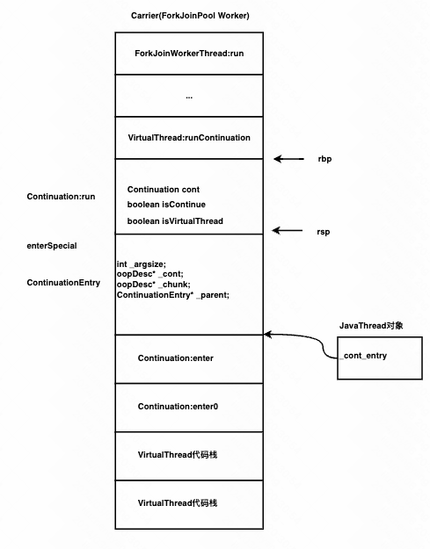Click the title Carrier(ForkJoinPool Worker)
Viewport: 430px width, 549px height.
click(x=190, y=16)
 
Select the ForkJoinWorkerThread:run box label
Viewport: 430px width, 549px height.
click(x=189, y=54)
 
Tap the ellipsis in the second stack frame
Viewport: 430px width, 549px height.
click(x=189, y=98)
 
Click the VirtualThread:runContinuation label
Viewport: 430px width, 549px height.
click(x=189, y=138)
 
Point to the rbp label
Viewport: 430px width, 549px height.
click(x=324, y=159)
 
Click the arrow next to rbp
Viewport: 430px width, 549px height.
click(x=288, y=159)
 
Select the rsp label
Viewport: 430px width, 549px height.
click(x=323, y=232)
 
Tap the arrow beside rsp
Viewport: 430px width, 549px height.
click(x=288, y=230)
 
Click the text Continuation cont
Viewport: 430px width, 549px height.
click(x=164, y=190)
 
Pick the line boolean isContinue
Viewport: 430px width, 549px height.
click(x=166, y=205)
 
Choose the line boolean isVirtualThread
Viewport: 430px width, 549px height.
click(x=175, y=221)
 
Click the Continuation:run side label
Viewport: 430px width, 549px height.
click(x=61, y=197)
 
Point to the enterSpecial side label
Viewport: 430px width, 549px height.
click(x=52, y=246)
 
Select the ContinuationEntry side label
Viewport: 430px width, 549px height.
click(x=63, y=283)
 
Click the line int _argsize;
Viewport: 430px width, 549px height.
click(x=142, y=264)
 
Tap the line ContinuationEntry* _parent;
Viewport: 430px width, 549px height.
click(x=173, y=295)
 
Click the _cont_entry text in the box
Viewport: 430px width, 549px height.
click(x=363, y=356)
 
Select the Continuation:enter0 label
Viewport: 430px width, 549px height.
click(x=178, y=407)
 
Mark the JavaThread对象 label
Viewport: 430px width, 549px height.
click(x=371, y=326)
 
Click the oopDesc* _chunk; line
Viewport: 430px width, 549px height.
click(x=154, y=285)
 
